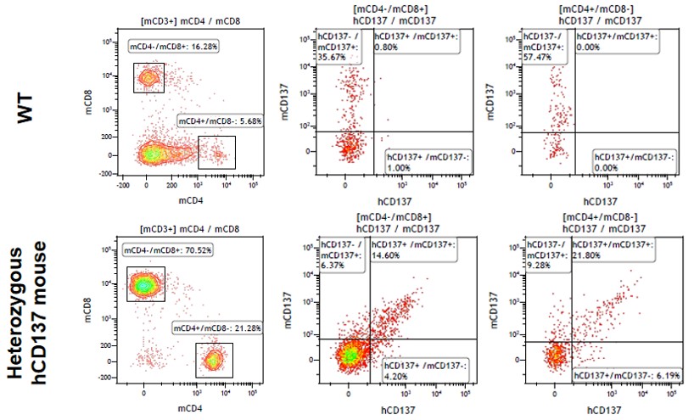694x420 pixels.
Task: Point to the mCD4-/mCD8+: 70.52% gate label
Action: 168,251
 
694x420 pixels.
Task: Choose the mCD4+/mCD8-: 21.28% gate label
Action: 218,327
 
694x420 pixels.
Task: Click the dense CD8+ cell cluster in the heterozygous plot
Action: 145,285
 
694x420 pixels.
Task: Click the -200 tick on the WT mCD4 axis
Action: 125,182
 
